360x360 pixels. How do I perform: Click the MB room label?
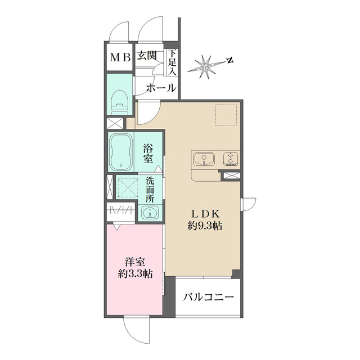[120, 57]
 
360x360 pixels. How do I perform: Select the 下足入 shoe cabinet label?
[172, 62]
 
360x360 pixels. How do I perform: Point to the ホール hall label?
[160, 88]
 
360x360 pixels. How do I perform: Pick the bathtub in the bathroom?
[120, 152]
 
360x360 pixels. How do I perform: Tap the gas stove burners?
[230, 159]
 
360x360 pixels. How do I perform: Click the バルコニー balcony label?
[209, 298]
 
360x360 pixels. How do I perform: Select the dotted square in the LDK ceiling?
[227, 116]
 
